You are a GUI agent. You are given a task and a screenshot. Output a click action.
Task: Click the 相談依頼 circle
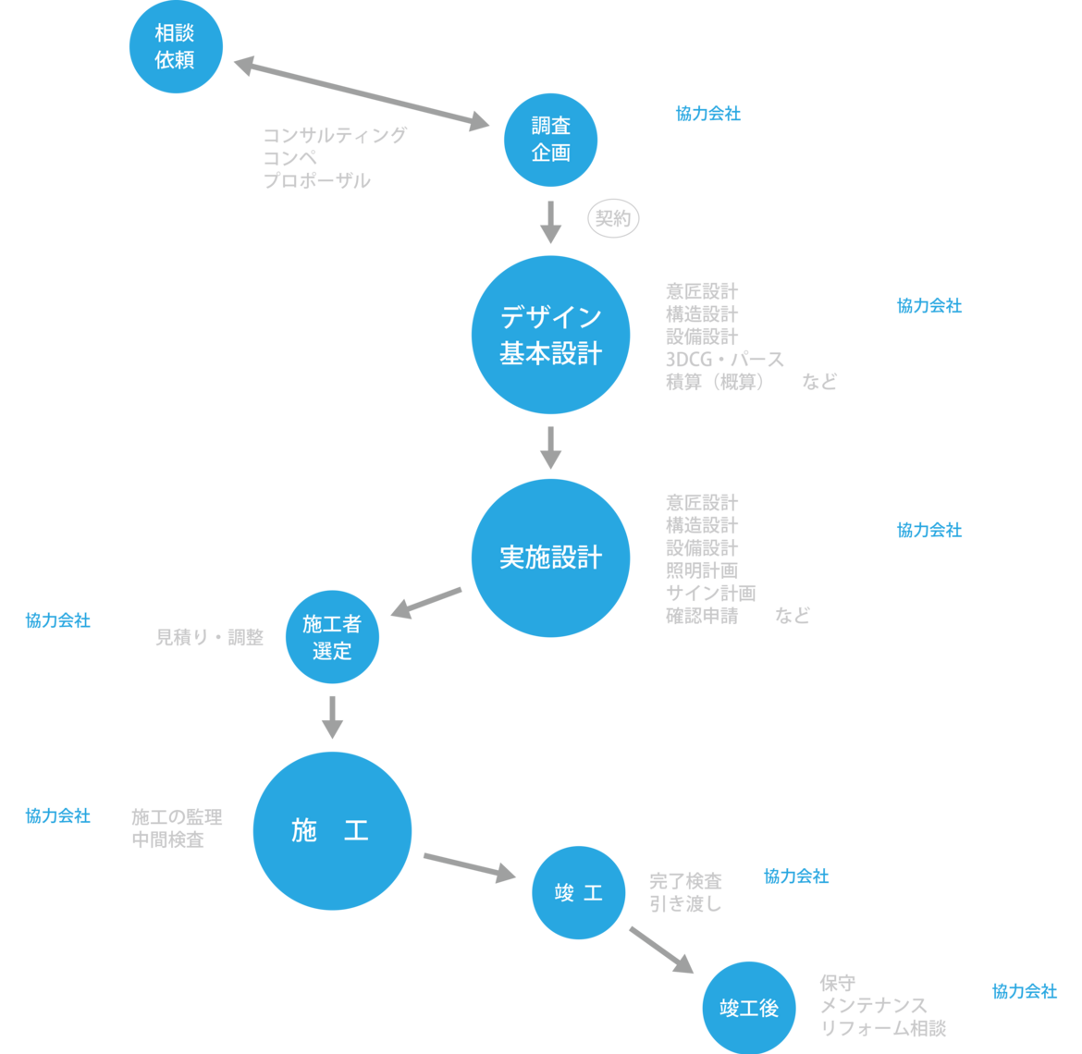176,46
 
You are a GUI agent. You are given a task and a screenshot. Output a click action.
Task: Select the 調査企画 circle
550,140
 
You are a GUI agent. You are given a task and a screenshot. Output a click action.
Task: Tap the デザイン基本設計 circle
550,335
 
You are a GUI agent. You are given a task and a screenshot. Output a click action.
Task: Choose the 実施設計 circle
550,558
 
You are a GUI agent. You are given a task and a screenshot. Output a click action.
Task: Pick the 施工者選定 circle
332,637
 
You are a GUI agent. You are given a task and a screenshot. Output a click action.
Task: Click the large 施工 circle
331,830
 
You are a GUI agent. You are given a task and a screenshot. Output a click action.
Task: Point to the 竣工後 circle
749,1008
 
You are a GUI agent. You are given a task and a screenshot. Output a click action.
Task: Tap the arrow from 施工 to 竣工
470,865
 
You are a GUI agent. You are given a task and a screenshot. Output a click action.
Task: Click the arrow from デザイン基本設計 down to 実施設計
550,447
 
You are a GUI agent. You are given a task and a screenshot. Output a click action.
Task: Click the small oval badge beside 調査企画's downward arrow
613,219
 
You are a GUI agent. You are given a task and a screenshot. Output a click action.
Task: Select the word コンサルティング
335,136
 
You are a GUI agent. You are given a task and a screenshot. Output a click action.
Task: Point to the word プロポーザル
317,181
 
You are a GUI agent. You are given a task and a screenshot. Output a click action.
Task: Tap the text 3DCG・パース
725,359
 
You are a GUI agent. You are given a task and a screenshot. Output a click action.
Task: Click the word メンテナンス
873,1005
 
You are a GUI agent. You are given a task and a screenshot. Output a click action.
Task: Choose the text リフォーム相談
883,1028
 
